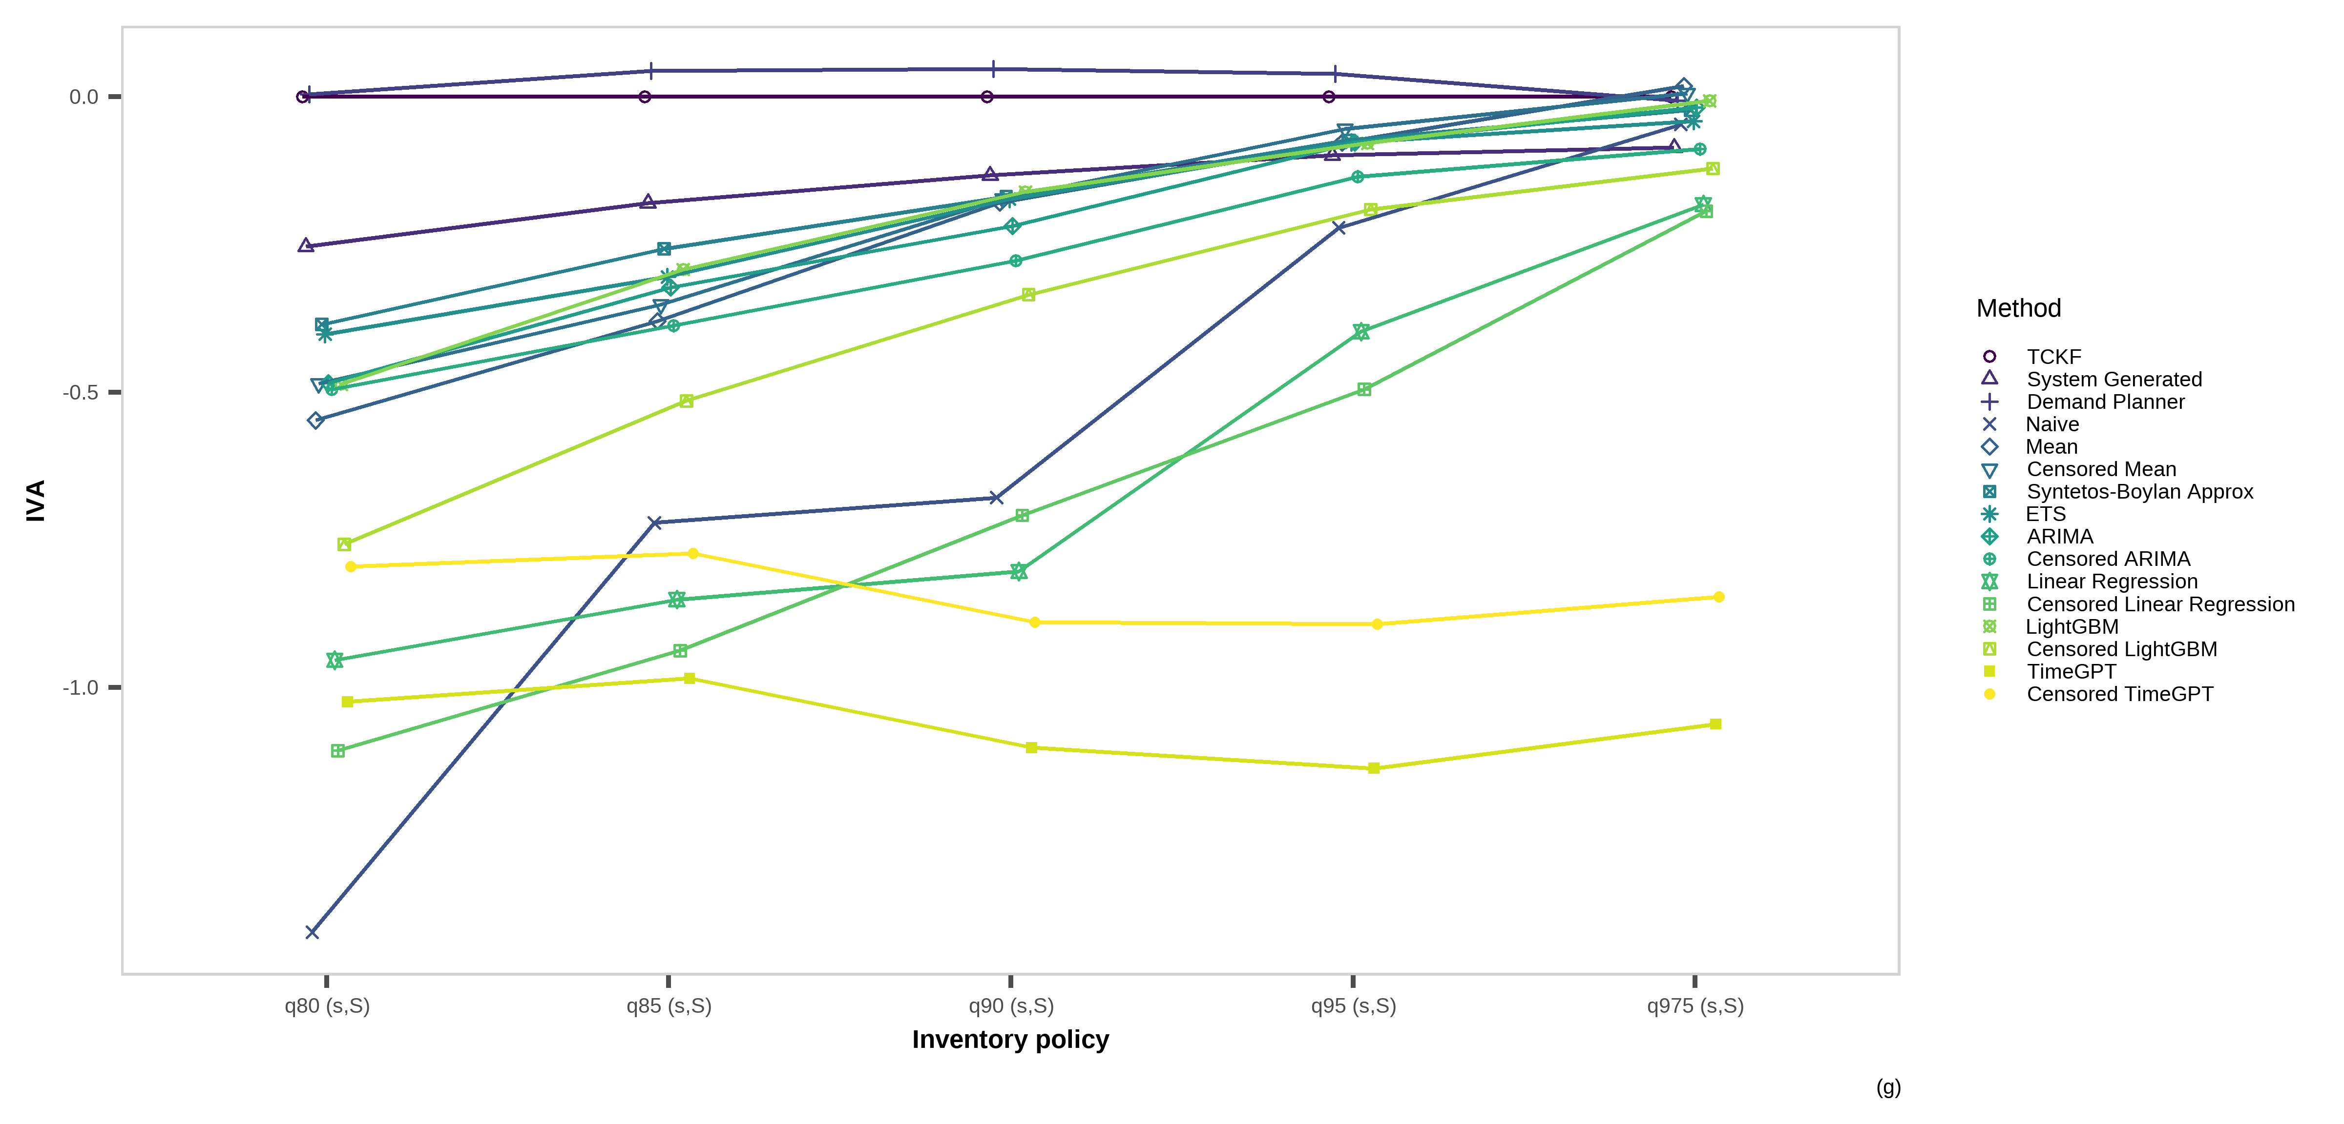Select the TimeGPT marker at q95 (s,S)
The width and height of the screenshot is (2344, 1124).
pos(1374,768)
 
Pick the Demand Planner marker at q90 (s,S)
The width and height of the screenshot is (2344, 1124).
pos(993,68)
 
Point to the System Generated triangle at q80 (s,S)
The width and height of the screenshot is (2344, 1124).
pos(306,245)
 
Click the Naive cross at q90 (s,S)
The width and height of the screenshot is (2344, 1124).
pos(996,498)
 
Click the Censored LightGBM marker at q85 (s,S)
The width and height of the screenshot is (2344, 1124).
pos(687,401)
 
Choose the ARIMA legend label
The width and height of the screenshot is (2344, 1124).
pos(2059,537)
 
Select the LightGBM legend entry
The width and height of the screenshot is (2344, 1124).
pos(2071,626)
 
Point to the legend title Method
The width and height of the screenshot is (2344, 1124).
pos(2018,308)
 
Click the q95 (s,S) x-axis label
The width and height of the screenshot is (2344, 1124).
pos(1353,1006)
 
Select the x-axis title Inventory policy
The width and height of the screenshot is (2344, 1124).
pos(1010,1040)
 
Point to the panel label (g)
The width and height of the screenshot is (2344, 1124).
pos(1888,1087)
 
